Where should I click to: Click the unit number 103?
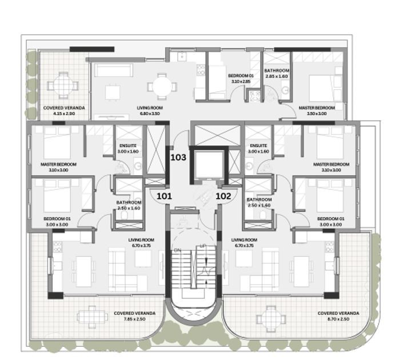click(178, 157)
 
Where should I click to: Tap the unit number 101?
click(164, 196)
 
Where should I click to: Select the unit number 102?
click(224, 196)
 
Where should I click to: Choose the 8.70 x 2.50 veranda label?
click(338, 316)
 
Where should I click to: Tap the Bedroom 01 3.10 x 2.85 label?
click(240, 79)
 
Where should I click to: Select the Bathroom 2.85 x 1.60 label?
click(276, 74)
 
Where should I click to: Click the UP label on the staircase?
click(202, 246)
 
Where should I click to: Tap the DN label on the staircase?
click(177, 251)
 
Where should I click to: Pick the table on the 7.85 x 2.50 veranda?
click(93, 315)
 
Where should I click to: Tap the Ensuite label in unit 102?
click(258, 149)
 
